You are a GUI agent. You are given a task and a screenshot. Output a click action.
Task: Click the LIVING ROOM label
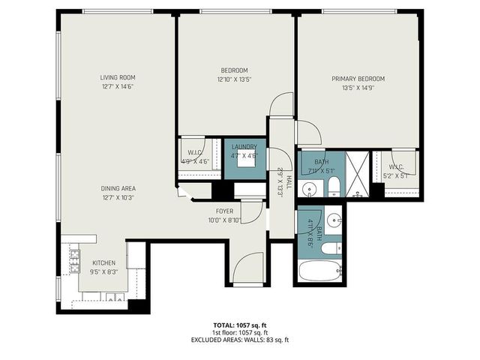(118, 77)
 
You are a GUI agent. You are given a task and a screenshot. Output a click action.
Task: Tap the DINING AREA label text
(118, 188)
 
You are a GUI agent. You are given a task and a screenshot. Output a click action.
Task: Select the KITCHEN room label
(103, 262)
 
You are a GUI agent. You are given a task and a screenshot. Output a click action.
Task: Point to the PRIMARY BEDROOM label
(358, 78)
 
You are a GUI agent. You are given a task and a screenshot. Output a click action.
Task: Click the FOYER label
(225, 211)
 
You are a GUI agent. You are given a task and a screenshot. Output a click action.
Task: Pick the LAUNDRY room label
(244, 147)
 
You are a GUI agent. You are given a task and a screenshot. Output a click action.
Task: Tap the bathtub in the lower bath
(319, 270)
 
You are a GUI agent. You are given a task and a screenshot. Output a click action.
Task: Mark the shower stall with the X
(358, 174)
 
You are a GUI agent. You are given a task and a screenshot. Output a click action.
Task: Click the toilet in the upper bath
(334, 187)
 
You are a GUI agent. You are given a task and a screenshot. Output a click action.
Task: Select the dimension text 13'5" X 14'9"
(358, 87)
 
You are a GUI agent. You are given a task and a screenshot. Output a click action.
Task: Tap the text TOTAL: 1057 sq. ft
(240, 325)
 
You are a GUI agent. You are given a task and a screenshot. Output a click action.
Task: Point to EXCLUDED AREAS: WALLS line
(240, 340)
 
